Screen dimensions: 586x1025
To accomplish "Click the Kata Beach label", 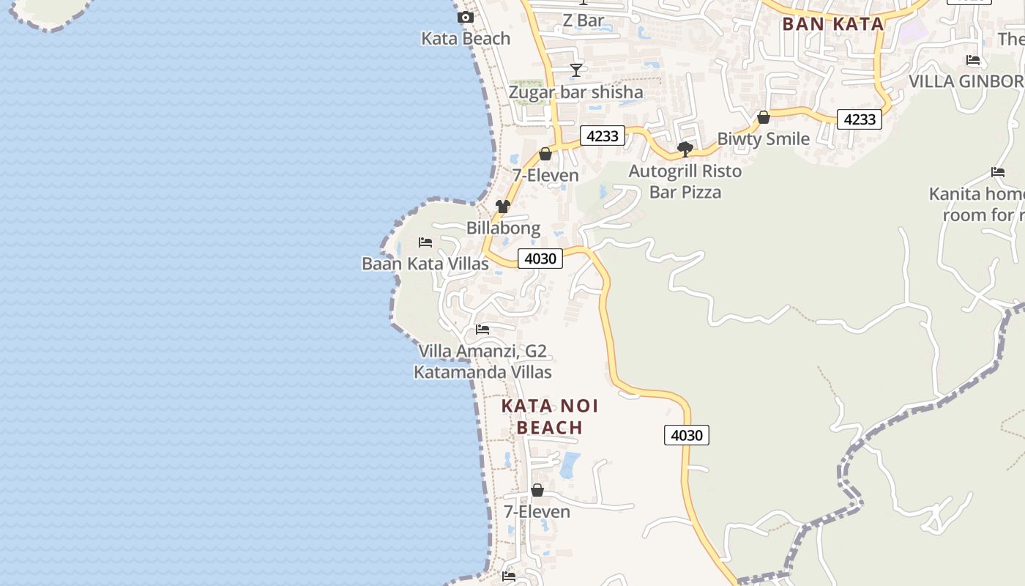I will coord(466,39).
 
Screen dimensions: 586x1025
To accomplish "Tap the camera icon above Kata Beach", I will coord(465,17).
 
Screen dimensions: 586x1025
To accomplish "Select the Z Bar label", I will coord(584,21).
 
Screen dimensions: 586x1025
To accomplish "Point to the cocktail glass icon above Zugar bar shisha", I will coord(576,70).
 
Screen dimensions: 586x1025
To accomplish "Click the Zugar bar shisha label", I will coord(576,92).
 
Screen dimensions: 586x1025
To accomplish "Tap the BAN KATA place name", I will coord(833,23).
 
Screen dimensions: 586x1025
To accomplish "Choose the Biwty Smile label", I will coord(764,138).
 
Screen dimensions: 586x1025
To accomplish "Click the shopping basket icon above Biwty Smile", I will coord(764,117).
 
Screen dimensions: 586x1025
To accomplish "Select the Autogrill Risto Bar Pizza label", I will coord(686,182).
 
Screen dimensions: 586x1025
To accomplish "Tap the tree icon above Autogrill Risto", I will coord(685,149).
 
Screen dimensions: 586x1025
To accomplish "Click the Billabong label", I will coord(504,228).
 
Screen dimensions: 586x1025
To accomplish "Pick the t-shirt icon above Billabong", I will coord(503,207).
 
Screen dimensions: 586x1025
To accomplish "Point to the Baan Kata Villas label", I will coord(425,264).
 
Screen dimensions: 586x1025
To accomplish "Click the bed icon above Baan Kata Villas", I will coord(425,242).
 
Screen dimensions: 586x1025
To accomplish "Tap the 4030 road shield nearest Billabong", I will coord(540,258).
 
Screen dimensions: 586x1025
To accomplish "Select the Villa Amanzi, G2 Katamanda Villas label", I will coord(482,362).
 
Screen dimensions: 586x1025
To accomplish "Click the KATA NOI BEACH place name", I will coord(550,416).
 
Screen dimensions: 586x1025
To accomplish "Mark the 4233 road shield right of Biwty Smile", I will coord(860,119).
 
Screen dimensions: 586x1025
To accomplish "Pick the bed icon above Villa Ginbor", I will coord(973,60).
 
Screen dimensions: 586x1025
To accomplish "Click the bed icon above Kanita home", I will coord(998,173).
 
